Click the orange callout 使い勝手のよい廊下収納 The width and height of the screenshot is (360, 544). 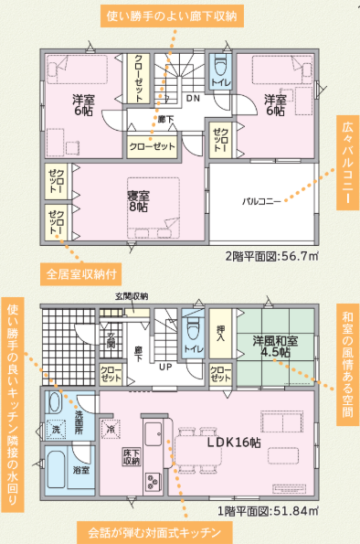172,16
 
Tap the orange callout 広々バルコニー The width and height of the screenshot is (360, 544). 347,163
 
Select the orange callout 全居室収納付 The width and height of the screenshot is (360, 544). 81,274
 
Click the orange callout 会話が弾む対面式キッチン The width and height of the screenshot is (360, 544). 154,532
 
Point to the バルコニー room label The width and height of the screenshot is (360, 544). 261,201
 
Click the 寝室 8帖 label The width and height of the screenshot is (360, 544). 138,201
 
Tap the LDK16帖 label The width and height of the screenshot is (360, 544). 234,443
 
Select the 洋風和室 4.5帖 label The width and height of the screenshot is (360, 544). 275,347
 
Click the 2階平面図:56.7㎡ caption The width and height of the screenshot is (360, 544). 272,256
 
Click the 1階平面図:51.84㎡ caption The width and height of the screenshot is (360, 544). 268,511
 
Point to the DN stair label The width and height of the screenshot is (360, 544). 193,98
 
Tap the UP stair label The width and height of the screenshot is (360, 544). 165,367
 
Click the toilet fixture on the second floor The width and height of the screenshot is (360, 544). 220,66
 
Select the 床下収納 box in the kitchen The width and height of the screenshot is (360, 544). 132,457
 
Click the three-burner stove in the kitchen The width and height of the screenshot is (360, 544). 153,481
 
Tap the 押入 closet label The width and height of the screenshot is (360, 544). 220,333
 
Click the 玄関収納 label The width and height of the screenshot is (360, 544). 132,296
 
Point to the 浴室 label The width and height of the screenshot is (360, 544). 81,470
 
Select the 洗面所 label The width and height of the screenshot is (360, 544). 79,421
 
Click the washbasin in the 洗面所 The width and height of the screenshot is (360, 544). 54,402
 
